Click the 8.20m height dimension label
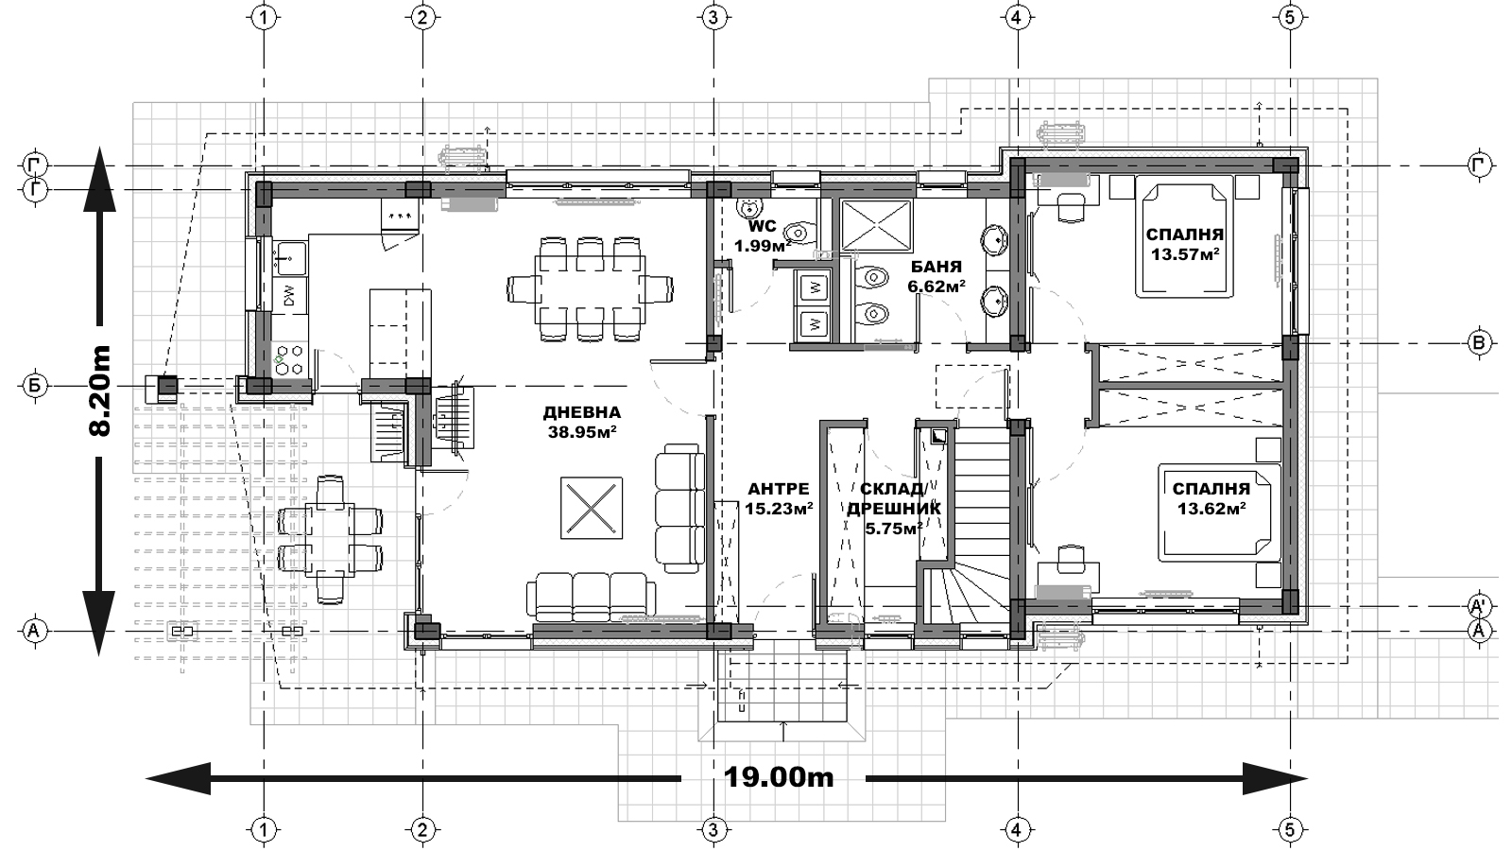100,391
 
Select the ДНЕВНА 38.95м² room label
582,422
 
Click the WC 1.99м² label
763,235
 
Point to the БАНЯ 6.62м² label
936,276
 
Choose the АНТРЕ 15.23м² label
779,498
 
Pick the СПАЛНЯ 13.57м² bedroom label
1185,245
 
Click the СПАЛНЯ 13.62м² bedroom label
1211,498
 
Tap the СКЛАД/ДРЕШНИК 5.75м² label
894,509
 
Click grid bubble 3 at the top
713,18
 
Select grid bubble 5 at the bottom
1290,828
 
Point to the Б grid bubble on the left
35,387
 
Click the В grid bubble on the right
1478,343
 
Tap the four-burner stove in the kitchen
290,360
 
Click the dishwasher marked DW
290,295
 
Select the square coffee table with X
592,508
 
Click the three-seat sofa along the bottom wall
591,597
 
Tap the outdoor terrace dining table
330,538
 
